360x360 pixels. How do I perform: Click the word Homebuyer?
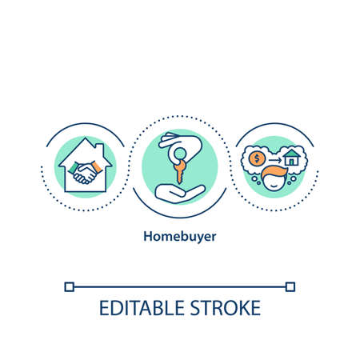(x=180, y=237)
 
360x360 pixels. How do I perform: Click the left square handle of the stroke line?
(x=70, y=286)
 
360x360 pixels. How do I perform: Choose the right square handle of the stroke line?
(x=290, y=286)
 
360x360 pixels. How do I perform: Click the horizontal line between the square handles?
(x=180, y=286)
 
